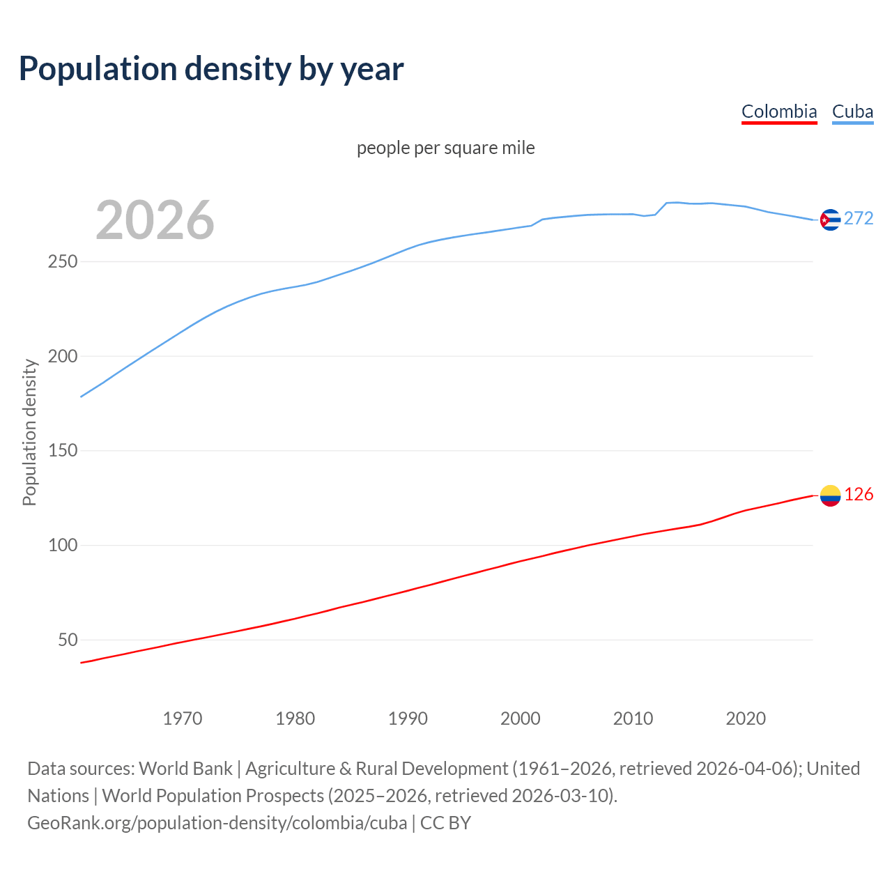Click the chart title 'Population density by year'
[211, 68]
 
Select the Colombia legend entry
[778, 111]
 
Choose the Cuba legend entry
[852, 111]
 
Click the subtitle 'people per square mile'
[445, 148]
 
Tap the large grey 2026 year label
[155, 220]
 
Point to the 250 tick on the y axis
[62, 262]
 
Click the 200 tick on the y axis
[62, 356]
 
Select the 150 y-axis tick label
[62, 451]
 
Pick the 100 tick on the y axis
[62, 545]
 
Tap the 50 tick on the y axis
[68, 640]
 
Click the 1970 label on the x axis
[182, 718]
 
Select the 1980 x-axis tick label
[295, 718]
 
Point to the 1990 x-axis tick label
[408, 718]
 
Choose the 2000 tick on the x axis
[520, 718]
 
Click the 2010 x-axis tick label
[633, 718]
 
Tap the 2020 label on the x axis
[746, 718]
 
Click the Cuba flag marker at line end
[830, 220]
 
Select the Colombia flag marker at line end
[830, 495]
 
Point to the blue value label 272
[859, 219]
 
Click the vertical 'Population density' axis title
[29, 432]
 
